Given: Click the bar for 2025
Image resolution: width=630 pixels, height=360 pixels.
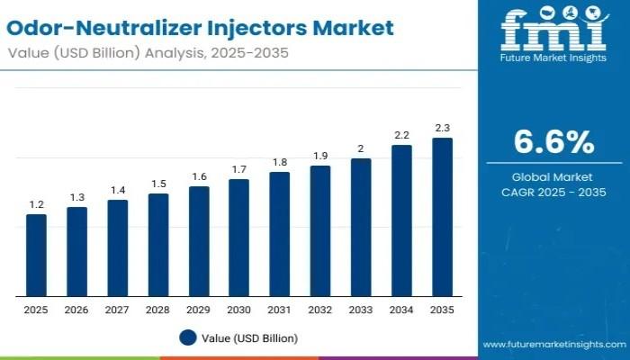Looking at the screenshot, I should click(x=36, y=256).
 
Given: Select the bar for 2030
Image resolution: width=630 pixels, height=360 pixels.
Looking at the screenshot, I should click(x=238, y=238).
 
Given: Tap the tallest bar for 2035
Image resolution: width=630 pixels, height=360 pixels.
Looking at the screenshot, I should click(x=442, y=217).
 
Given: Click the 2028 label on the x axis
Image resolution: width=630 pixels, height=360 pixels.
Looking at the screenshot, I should click(x=157, y=310).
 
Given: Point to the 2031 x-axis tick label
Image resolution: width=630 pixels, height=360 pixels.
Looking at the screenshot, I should click(x=279, y=310).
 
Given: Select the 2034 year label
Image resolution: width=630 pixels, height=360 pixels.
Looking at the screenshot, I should click(x=401, y=310).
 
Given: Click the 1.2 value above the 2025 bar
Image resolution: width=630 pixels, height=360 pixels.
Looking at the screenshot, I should click(x=36, y=204).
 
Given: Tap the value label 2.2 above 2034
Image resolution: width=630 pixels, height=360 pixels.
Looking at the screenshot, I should click(x=401, y=134).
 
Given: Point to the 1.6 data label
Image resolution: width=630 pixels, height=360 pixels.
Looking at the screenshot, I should click(x=198, y=176).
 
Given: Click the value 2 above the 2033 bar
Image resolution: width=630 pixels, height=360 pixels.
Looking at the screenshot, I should click(x=361, y=148).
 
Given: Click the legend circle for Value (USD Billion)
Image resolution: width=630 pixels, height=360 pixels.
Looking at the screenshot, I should click(x=187, y=337).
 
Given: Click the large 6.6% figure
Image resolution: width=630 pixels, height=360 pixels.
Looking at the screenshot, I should click(x=553, y=141).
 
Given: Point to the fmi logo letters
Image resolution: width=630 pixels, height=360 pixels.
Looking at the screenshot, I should click(x=553, y=30).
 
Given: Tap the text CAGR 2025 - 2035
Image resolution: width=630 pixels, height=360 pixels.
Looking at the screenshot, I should click(x=553, y=192).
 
